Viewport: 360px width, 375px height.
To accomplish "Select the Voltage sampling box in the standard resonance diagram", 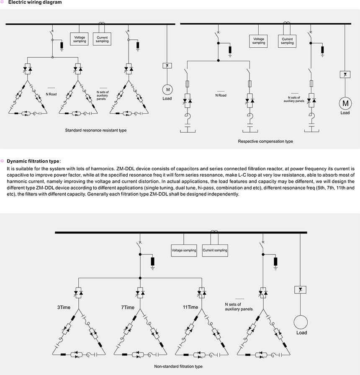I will [80, 39].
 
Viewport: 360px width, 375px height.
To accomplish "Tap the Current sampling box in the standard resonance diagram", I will [102, 39].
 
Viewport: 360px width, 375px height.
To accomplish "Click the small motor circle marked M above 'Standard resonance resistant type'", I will [167, 90].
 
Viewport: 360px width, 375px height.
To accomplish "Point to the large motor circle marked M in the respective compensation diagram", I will [345, 103].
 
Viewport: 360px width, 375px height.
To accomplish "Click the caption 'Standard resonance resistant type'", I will [95, 130].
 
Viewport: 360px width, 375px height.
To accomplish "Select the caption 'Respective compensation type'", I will [265, 141].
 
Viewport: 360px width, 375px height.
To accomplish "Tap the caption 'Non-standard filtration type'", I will [178, 366].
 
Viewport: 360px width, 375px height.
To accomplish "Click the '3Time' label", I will [64, 307].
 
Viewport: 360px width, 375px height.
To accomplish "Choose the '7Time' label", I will [128, 307].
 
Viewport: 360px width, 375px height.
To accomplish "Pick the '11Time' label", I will [190, 307].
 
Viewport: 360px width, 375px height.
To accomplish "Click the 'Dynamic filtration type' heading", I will [33, 161].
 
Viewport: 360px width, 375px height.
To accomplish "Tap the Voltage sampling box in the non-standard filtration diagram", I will [184, 250].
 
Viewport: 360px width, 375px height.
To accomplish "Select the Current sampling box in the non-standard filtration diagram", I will [215, 250].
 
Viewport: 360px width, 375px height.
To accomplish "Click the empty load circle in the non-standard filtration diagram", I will [301, 322].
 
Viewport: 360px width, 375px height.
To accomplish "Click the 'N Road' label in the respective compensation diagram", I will [221, 95].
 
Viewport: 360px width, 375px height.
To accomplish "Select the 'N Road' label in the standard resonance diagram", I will [52, 94].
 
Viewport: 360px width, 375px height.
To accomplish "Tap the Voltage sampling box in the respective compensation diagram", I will [259, 41].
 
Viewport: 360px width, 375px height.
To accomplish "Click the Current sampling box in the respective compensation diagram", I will [287, 41].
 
